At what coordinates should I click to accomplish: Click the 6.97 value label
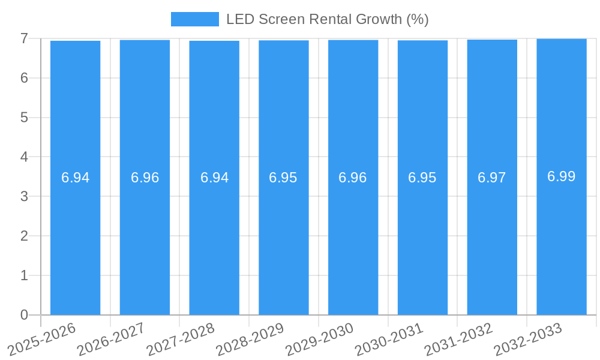coord(492,178)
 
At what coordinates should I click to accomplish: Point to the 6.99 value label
coord(562,176)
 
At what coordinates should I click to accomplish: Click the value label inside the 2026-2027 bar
coord(145,178)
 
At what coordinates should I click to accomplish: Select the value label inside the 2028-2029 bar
coord(283,178)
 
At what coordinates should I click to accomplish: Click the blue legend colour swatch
coord(195,19)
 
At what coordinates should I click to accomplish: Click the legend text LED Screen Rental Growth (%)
coord(327,19)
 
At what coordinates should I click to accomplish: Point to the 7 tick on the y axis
coord(24,38)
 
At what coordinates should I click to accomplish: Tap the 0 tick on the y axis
coord(24,315)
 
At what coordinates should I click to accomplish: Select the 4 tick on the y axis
coord(24,157)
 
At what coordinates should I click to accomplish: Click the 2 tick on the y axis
coord(24,236)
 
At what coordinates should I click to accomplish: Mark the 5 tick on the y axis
coord(24,118)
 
